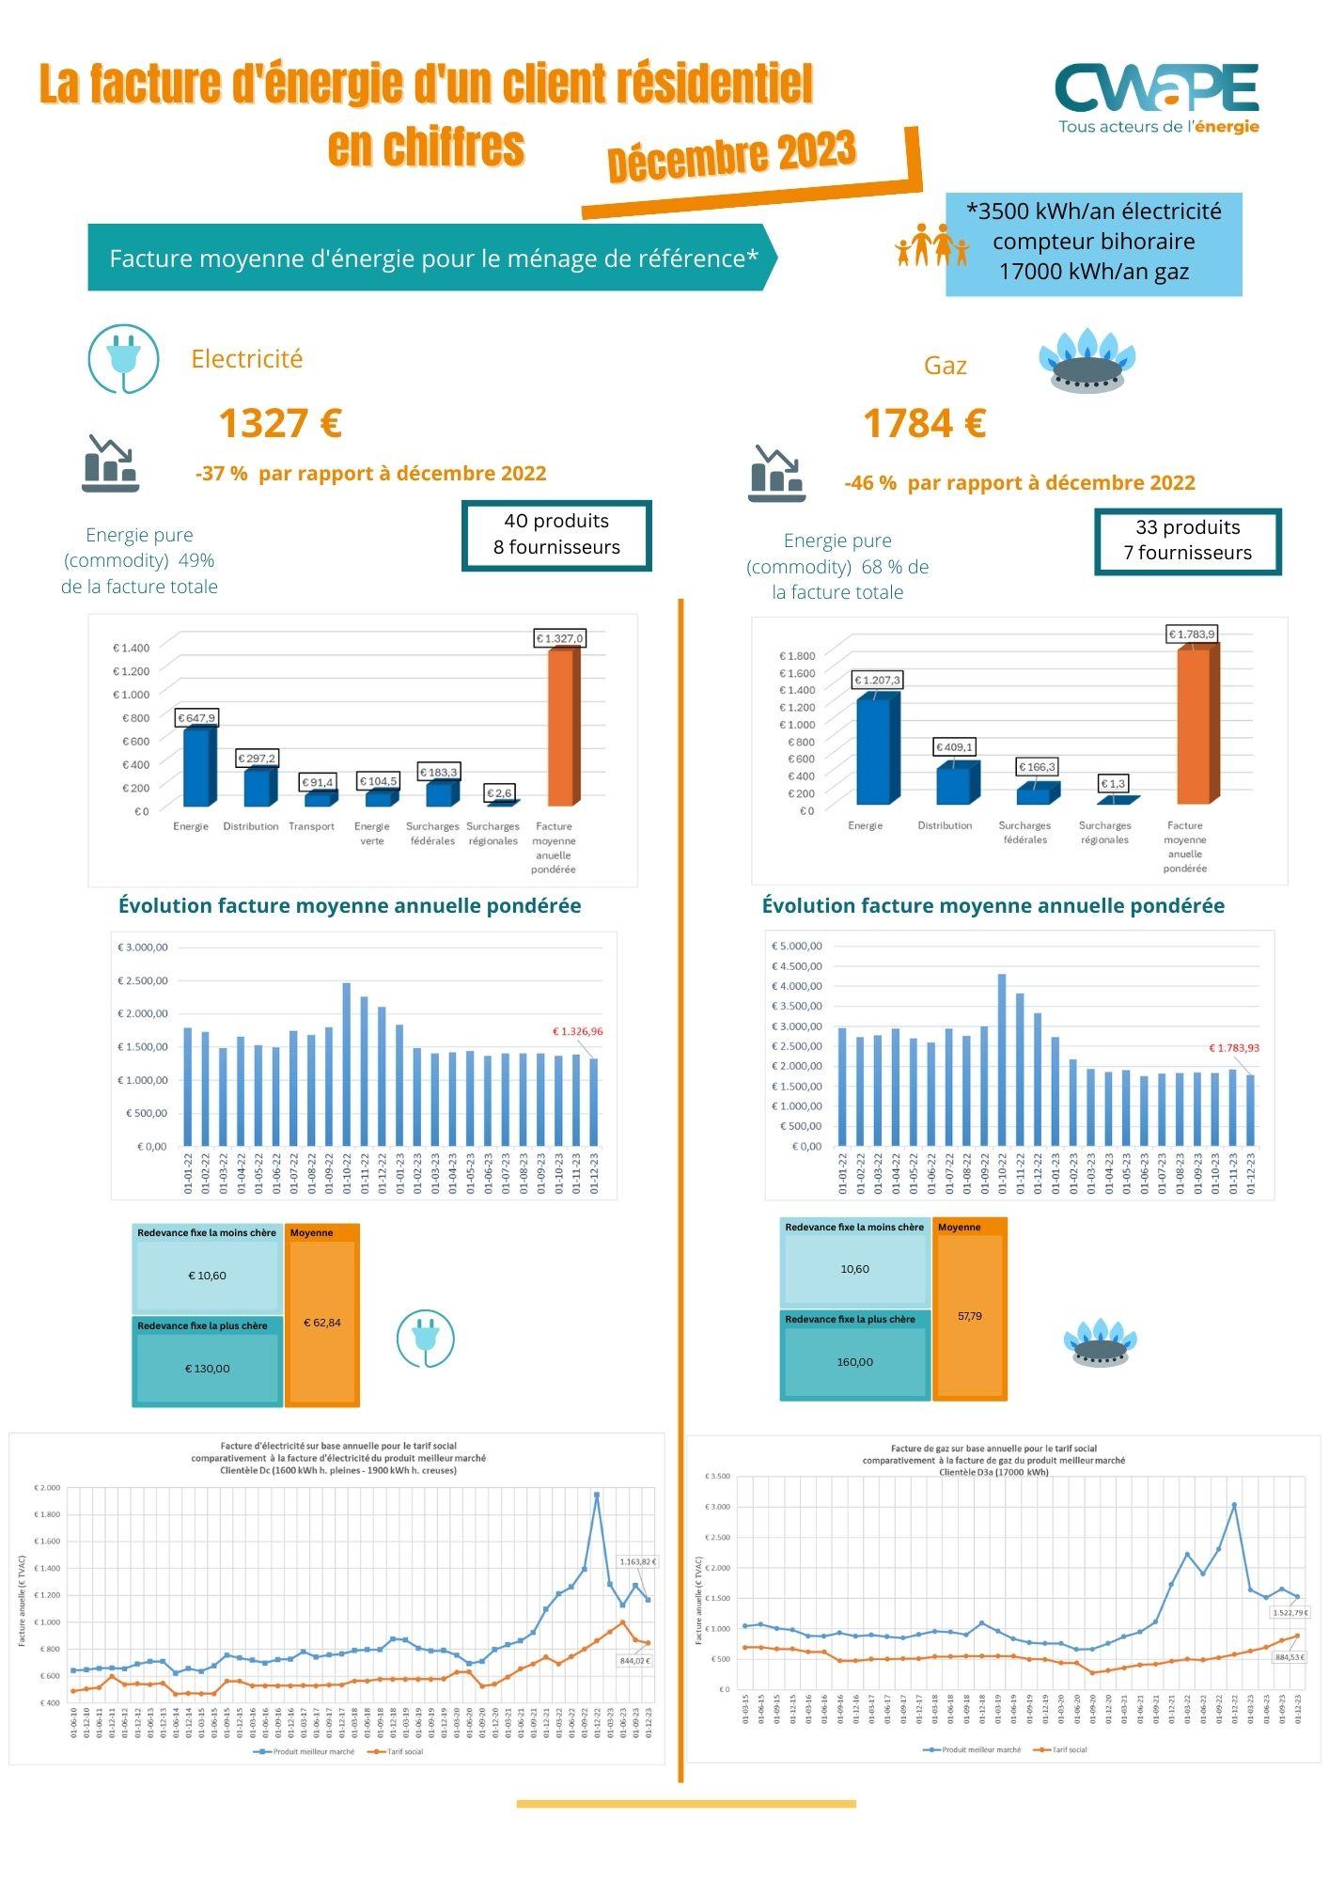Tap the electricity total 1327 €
click(280, 423)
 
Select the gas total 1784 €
click(924, 423)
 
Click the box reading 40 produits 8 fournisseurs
click(556, 535)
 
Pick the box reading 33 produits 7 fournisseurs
click(1187, 540)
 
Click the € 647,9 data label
click(196, 717)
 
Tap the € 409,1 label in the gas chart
click(954, 747)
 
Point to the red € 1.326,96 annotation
click(577, 1031)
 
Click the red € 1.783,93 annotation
click(1234, 1047)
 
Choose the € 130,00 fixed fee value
click(208, 1369)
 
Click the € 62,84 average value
click(321, 1323)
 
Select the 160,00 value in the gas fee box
click(854, 1362)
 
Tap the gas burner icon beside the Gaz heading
click(1087, 360)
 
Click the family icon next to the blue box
click(931, 245)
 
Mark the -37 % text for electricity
click(222, 474)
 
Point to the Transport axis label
click(311, 826)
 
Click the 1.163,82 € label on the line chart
click(637, 1561)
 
